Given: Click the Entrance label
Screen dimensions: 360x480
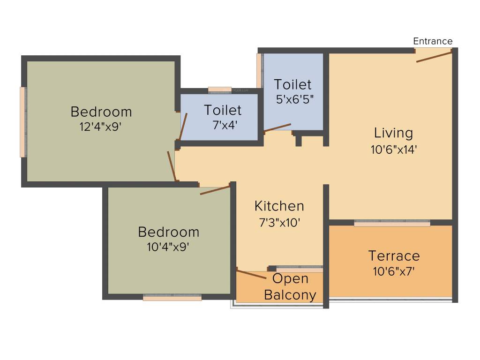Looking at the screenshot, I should point(433,41).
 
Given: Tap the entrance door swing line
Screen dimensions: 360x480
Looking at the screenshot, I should point(434,57).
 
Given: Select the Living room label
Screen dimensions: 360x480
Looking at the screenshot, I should point(393,133).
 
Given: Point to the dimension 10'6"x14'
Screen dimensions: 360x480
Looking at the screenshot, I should point(393,150).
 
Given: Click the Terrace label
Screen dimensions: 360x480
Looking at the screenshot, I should point(394,256).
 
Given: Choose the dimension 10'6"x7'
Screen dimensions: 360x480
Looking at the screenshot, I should point(394,271).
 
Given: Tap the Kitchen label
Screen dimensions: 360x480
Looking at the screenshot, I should point(279,206).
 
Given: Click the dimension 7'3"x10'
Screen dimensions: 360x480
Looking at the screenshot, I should point(279,223).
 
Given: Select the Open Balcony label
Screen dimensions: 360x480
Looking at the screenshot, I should point(290,287).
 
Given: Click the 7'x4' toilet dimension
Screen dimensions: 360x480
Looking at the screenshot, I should point(223,125).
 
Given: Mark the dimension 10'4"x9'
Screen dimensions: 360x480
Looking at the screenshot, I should point(168,247).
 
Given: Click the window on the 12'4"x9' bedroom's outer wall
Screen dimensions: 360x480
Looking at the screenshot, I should point(22,122).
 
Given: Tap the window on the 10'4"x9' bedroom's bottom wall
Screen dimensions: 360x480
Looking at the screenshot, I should point(172,297).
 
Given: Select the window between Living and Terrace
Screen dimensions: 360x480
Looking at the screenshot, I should point(392,223).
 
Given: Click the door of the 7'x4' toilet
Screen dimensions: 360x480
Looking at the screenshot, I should point(183,127).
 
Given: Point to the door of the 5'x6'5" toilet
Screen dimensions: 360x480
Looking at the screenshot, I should point(277,127).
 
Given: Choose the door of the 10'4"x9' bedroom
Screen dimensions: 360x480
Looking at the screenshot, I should point(215,190).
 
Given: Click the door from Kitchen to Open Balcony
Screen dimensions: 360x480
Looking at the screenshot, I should point(252,275).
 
